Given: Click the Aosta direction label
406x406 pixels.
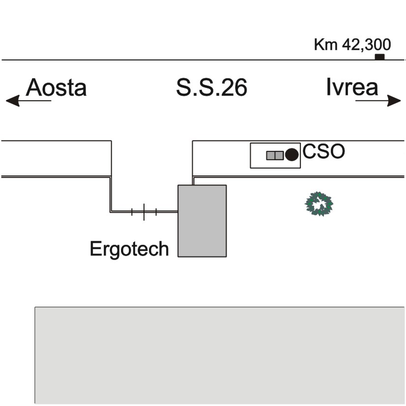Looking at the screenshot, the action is point(56,87).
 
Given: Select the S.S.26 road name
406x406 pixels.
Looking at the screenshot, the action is point(211,87).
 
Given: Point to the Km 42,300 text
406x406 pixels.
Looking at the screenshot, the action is point(352,45).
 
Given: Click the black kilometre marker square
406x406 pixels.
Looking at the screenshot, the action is point(380,57).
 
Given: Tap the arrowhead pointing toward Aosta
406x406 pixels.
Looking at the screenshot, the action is point(12,100).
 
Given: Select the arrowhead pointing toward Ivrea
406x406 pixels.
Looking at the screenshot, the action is point(394,100).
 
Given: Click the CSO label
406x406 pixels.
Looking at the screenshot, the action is point(323,151).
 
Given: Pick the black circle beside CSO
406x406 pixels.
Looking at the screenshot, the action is point(292,154).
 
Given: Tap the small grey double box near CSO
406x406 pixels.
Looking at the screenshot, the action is point(275,155).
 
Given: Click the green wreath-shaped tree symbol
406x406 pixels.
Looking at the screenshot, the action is point(319,204).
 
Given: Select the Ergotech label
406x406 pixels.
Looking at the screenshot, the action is point(129,249).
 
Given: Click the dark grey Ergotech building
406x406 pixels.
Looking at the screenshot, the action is point(202,221).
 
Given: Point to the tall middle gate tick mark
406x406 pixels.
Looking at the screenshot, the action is point(144,212).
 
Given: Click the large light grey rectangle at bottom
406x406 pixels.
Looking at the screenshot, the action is point(220,355).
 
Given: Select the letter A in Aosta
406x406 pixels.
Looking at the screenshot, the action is point(34,87).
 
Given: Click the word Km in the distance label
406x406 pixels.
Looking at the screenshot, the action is point(326,44).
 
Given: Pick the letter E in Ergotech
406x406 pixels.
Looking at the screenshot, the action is point(95,249).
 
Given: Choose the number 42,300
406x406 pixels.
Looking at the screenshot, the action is point(366,45).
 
